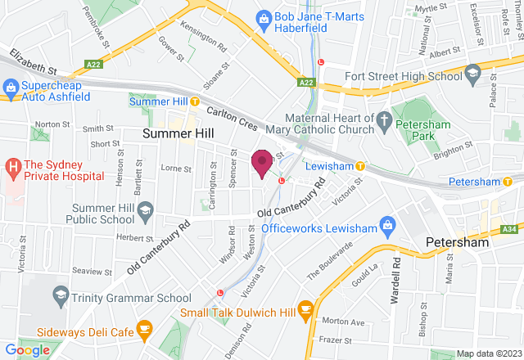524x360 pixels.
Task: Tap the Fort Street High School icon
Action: pyautogui.click(x=472, y=75)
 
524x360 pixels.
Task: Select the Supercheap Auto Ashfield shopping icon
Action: pyautogui.click(x=11, y=86)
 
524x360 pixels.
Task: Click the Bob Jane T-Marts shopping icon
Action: pyautogui.click(x=264, y=17)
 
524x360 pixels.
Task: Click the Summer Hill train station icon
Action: pyautogui.click(x=195, y=101)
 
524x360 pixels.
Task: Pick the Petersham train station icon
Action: pyautogui.click(x=508, y=181)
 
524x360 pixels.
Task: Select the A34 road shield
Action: pyautogui.click(x=509, y=230)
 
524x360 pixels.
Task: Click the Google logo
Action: pyautogui.click(x=27, y=349)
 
